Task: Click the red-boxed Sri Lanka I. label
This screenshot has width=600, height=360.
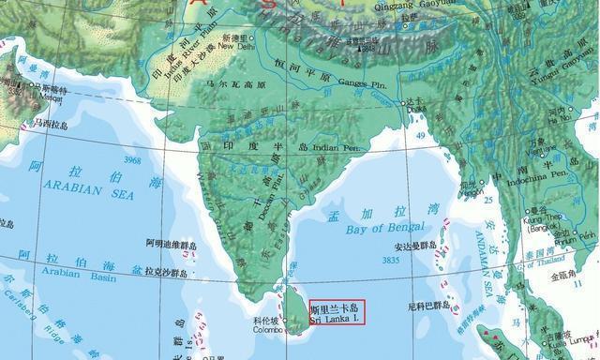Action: coord(337,312)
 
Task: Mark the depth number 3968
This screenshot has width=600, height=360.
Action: coord(130,160)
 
